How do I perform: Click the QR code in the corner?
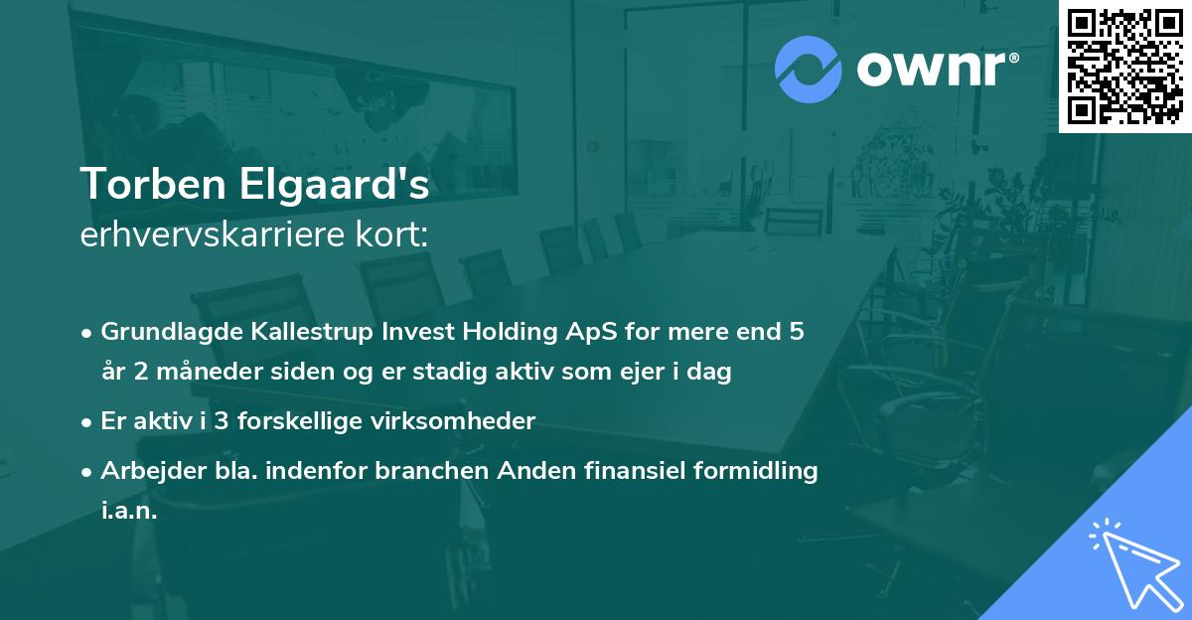click(x=1125, y=67)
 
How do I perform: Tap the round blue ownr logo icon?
click(x=809, y=70)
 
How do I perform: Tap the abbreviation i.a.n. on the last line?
click(x=129, y=512)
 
